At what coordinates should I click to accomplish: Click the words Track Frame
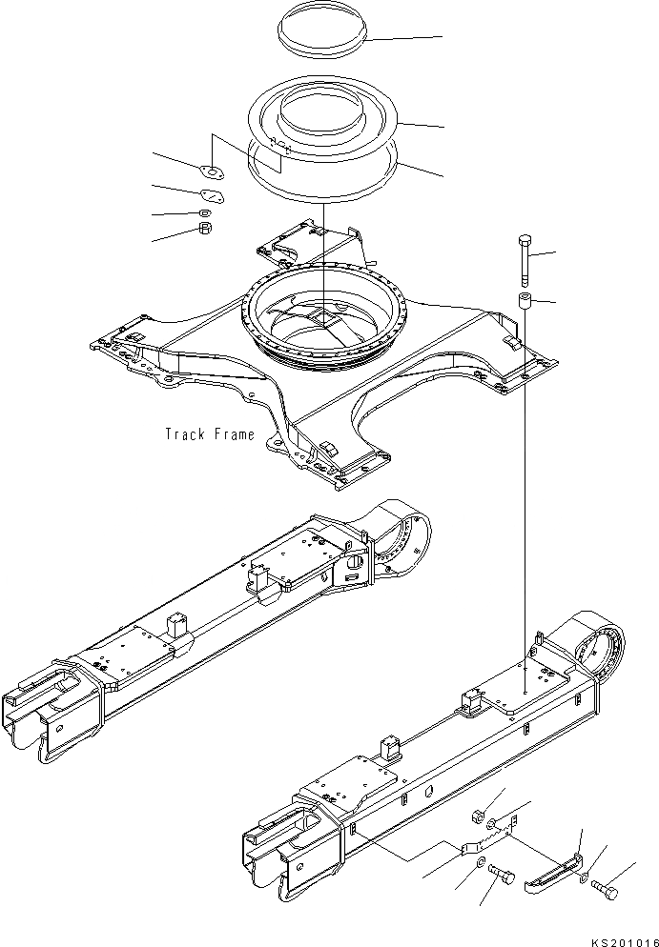[x=210, y=434]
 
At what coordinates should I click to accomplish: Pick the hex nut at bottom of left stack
[x=204, y=229]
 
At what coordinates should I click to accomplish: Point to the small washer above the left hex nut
[x=205, y=212]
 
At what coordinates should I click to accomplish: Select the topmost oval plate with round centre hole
[x=211, y=171]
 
